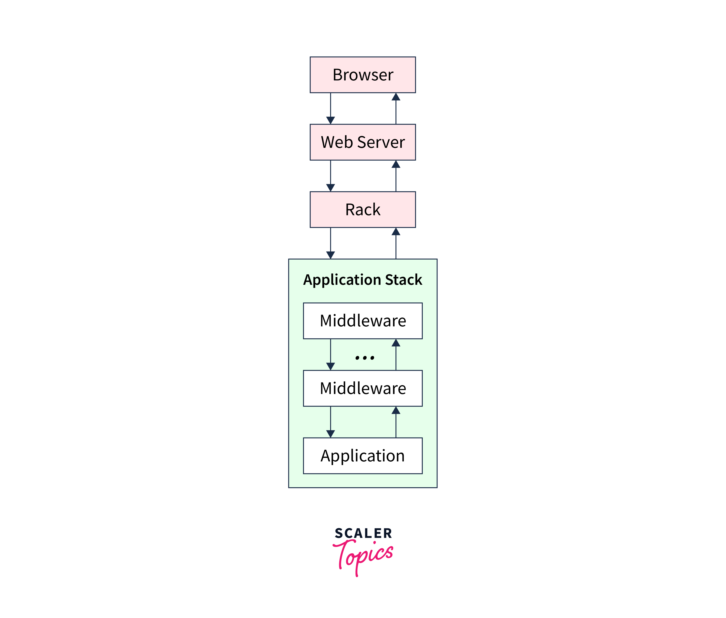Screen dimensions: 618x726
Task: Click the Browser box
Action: click(x=363, y=75)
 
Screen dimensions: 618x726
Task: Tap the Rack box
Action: click(x=363, y=209)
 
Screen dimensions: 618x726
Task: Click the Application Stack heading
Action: click(x=363, y=280)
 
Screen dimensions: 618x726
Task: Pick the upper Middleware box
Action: click(x=363, y=321)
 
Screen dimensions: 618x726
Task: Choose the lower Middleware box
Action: click(x=363, y=388)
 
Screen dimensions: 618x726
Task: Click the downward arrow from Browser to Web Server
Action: click(x=330, y=109)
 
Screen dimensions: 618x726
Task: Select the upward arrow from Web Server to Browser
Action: click(x=396, y=109)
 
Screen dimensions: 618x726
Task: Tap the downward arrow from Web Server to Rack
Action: click(x=330, y=176)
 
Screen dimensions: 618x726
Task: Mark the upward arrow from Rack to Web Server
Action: click(x=396, y=176)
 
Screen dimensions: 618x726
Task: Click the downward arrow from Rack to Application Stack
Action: click(x=330, y=243)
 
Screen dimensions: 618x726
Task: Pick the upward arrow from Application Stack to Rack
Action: click(x=396, y=243)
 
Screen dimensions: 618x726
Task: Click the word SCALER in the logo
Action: click(x=363, y=534)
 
